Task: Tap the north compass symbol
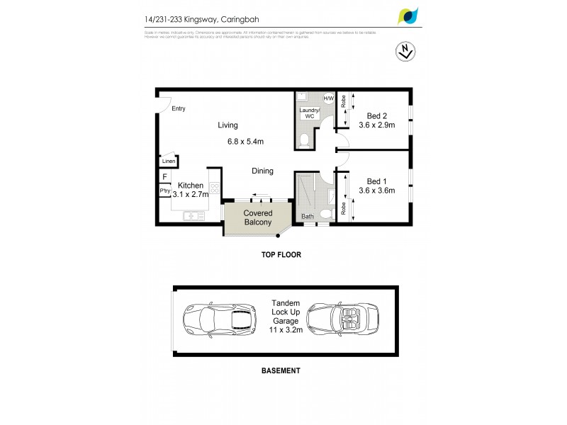(403, 52)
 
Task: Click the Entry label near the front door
(178, 108)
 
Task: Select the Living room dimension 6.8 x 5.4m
(245, 142)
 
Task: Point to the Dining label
(262, 171)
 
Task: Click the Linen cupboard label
(168, 161)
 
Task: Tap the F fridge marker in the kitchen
(164, 177)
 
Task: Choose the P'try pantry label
(164, 191)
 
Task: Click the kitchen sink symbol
(193, 215)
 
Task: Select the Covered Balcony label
(257, 217)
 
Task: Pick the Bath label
(308, 217)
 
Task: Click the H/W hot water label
(328, 98)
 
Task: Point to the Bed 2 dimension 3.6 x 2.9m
(376, 125)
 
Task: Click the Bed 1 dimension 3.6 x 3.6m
(376, 191)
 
